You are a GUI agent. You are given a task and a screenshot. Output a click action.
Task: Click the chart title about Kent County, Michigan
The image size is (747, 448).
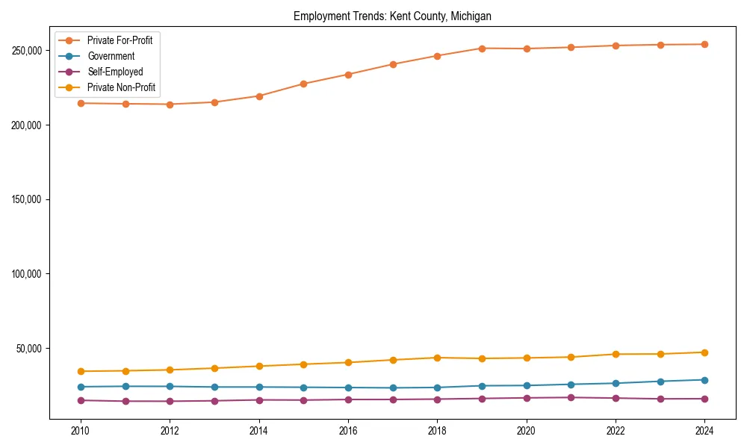click(x=391, y=16)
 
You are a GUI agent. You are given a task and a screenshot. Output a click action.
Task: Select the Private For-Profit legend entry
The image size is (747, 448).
click(x=120, y=40)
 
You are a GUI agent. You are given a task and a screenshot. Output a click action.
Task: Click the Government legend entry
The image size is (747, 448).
click(x=111, y=56)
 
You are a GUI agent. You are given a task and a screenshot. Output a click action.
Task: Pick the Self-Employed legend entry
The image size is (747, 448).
click(x=115, y=72)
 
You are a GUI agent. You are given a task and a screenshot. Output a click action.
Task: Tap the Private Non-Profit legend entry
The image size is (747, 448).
click(x=121, y=87)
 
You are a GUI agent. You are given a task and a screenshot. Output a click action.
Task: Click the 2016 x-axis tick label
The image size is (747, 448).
click(x=347, y=431)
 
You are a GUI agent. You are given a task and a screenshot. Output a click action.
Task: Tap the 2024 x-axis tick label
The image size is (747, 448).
click(x=704, y=431)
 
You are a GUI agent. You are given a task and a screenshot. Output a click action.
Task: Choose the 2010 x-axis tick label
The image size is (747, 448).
click(x=81, y=431)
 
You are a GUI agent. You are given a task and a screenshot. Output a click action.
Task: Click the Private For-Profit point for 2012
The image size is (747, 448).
click(x=170, y=105)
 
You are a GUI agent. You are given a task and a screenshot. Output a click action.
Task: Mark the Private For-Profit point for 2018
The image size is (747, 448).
click(x=437, y=56)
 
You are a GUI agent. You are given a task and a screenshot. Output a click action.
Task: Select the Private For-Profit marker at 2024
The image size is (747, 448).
click(x=704, y=44)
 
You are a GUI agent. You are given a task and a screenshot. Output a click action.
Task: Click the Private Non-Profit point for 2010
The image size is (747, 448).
click(x=81, y=371)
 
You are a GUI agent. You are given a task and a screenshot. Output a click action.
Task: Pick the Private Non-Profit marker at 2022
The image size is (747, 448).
click(x=616, y=354)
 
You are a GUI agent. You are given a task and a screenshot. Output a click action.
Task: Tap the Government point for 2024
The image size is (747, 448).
click(x=704, y=380)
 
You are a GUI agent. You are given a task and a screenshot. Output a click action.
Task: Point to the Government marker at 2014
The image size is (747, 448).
click(x=258, y=387)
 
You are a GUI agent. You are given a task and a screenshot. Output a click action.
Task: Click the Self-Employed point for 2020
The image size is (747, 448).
click(x=527, y=398)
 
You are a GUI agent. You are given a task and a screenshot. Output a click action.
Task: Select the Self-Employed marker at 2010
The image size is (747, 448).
click(x=81, y=400)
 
